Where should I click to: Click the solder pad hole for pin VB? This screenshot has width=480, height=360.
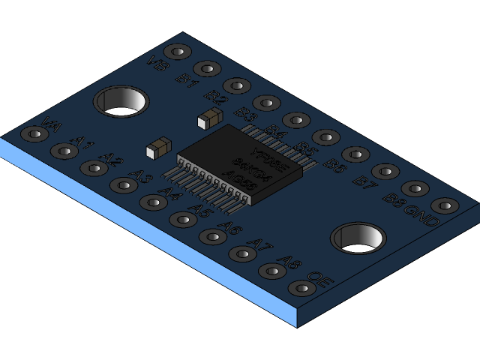coord(177,52)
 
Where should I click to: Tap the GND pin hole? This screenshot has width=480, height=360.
coord(445,205)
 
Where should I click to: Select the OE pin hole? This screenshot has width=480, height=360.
coord(301,288)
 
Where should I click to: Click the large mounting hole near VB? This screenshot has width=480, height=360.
coord(120,101)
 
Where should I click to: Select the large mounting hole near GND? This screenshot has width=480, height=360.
coord(358,238)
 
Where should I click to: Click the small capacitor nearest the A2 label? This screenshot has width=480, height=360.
coord(158,147)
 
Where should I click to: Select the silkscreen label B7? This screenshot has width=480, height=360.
coord(364,182)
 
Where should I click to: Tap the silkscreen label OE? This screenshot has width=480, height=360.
coord(316,277)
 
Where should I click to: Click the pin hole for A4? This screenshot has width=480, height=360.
coord(154,202)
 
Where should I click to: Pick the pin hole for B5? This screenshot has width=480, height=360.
coord(325,137)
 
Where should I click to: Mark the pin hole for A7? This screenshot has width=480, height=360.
coord(242,253)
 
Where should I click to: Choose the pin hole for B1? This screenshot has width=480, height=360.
coord(207,69)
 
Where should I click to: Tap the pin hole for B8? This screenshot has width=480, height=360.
coord(415,188)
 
